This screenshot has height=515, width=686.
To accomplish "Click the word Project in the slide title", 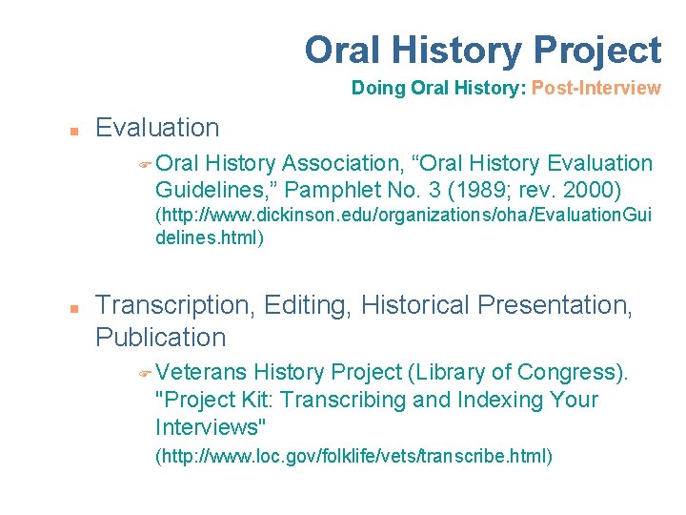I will click(598, 50).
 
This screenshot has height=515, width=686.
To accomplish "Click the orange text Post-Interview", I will click(595, 89).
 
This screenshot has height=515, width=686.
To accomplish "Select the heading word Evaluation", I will click(157, 128).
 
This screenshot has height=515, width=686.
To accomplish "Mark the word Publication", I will click(161, 338).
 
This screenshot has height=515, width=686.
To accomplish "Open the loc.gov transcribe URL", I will click(353, 457).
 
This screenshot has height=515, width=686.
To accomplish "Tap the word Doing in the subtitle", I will click(378, 89).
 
